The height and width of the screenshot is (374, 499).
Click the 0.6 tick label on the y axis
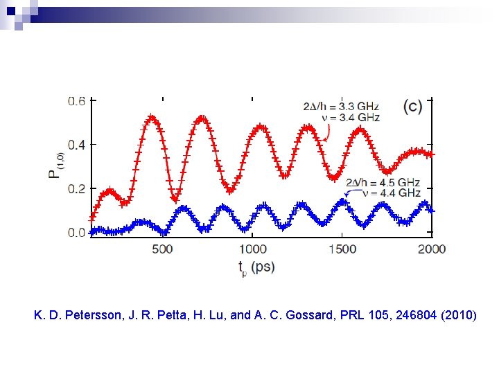76,101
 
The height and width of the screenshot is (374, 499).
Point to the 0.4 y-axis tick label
76,145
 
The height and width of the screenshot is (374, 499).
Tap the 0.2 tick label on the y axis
76,188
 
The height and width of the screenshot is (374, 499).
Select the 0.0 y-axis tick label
76,233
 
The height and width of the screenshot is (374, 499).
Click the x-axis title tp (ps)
256,268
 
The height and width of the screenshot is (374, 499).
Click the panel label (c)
412,107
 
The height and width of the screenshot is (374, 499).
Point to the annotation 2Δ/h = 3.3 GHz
342,107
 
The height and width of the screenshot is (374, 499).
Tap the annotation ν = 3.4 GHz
351,118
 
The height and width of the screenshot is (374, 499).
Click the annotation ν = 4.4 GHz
392,193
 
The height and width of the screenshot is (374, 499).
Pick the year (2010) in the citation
457,316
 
